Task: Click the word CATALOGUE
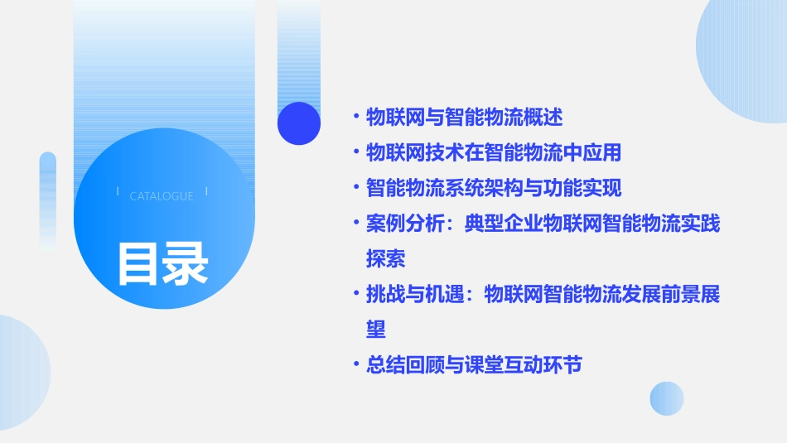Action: pos(162,196)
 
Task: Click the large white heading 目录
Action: pos(162,262)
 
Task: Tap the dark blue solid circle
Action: pos(299,123)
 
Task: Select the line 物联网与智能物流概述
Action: pos(464,118)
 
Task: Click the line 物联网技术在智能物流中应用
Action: pos(493,152)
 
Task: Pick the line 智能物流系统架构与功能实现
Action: pos(493,187)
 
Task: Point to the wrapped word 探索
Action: pos(385,258)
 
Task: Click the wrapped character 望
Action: pos(376,329)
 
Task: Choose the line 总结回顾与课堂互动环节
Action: pos(474,364)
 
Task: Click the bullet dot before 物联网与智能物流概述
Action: pos(355,118)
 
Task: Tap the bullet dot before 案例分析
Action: pos(355,223)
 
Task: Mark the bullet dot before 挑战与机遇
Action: pos(355,294)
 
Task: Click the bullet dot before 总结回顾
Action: pos(355,364)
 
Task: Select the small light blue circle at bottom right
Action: pos(667,398)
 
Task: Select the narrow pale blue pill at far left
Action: pos(48,199)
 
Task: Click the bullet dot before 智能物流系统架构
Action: pos(355,187)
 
